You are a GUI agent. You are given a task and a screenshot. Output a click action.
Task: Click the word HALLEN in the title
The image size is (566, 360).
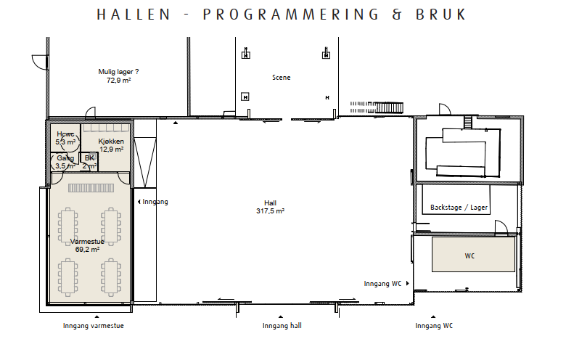coord(134,15)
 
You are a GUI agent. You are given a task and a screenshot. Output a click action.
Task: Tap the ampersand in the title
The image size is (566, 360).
coord(397,15)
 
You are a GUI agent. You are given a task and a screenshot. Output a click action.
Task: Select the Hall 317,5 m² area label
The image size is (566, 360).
coord(271,207)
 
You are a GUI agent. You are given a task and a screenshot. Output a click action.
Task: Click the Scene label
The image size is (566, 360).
coord(282,77)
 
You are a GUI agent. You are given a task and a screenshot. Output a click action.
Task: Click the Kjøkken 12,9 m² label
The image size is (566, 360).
coord(111,145)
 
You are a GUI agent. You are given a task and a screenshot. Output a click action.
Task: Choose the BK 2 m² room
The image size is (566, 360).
coord(89,162)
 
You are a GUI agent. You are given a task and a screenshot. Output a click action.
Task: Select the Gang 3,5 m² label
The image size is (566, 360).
coord(65,162)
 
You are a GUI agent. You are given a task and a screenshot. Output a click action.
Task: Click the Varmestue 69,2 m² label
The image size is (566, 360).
coord(87,245)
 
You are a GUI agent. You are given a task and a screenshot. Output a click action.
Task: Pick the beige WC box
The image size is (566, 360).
coord(473,254)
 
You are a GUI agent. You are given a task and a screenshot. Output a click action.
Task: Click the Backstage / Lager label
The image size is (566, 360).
coord(459,208)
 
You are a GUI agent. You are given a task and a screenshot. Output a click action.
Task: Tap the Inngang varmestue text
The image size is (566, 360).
coord(94,326)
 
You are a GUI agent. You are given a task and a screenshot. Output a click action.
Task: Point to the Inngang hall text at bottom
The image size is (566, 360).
coord(282,326)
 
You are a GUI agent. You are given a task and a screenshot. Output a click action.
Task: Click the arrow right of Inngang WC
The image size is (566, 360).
coord(408,284)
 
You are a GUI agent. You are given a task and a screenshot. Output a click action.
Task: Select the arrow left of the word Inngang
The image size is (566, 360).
coord(139,202)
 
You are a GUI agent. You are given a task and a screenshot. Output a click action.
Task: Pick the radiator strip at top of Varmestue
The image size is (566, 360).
coord(91,188)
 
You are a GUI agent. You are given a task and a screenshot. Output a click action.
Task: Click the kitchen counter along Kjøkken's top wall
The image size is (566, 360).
coord(106,128)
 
